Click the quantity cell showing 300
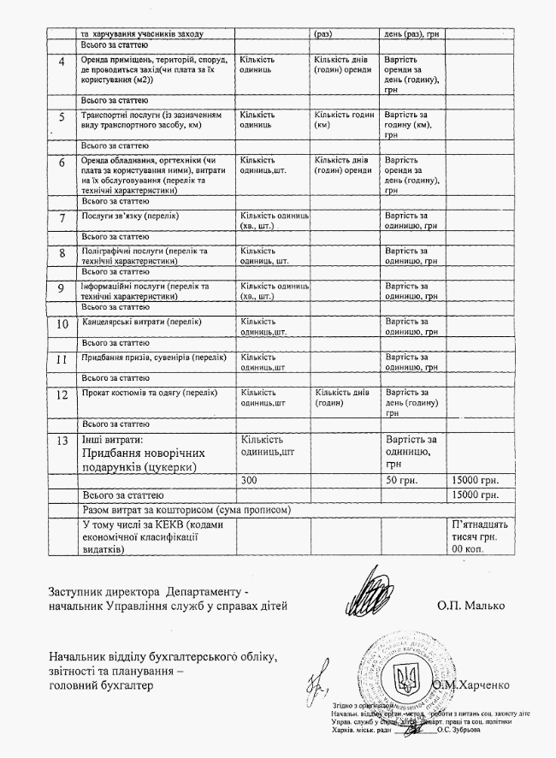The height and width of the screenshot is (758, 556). click(x=249, y=480)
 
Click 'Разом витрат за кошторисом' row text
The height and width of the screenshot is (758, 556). click(x=187, y=510)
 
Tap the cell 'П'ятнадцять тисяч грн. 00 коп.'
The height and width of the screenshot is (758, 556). click(x=478, y=536)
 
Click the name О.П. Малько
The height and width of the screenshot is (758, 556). click(x=470, y=606)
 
